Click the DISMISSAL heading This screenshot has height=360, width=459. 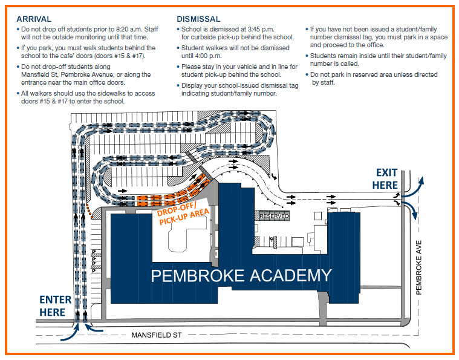(x=198, y=19)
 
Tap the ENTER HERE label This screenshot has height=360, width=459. (x=55, y=306)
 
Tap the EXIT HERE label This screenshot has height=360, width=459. (x=386, y=178)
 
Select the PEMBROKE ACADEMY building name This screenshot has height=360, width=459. (x=241, y=275)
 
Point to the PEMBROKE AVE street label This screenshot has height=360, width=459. (x=418, y=266)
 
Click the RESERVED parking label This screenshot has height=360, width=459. (x=274, y=216)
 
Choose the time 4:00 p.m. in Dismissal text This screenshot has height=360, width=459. (x=206, y=56)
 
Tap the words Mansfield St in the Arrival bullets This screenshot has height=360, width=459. (x=39, y=74)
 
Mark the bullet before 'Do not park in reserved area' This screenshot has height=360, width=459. (x=308, y=74)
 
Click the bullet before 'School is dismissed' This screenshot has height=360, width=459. (x=179, y=29)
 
